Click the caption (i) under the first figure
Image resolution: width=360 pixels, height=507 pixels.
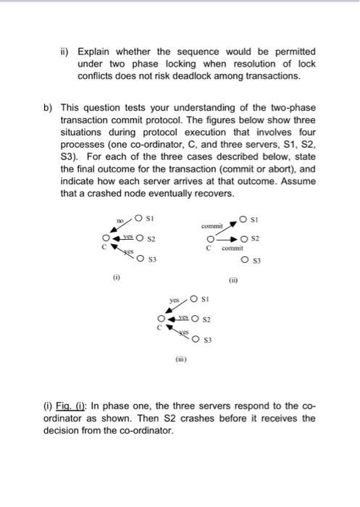(x=112, y=276)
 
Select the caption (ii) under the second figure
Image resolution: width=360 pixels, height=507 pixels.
(x=233, y=280)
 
